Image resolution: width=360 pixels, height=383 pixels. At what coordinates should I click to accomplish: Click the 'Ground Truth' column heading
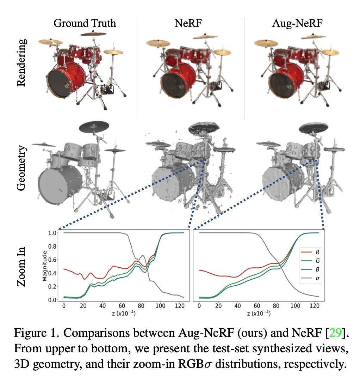point(85,24)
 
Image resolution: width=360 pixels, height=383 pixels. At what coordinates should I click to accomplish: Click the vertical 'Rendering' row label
point(21,62)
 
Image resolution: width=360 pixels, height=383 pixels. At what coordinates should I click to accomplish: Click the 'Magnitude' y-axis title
point(45,266)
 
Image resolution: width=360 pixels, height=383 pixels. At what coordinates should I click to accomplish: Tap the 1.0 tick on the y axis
point(52,233)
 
